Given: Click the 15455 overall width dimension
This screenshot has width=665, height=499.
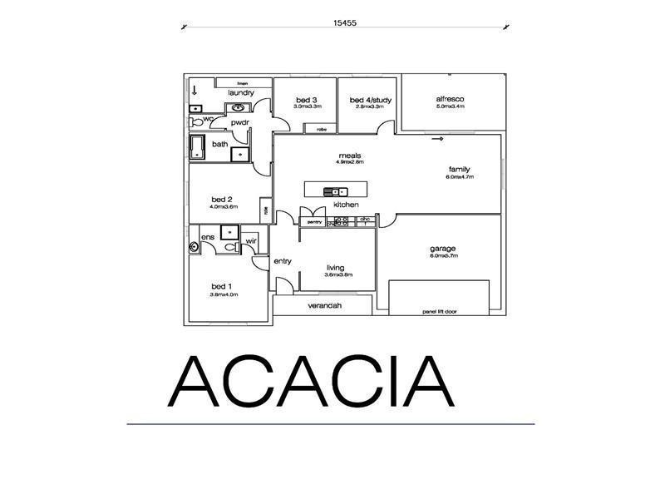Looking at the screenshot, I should click(x=345, y=23).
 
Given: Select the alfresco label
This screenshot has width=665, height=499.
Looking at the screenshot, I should click(x=450, y=99).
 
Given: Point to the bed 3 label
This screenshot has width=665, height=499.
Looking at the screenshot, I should click(x=304, y=100).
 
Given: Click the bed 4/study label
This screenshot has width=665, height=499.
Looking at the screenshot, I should click(x=370, y=100).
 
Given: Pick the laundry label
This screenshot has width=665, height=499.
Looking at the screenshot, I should click(x=241, y=92).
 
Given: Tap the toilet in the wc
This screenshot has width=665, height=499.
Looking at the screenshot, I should click(x=196, y=121).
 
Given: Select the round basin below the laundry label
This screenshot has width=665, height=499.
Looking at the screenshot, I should click(x=239, y=107).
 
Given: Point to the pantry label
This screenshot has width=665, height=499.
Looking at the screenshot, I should click(x=314, y=222).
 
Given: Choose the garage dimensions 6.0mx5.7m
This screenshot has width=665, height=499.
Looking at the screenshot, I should click(x=443, y=256).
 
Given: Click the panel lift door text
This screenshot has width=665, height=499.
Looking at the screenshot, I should click(x=440, y=312).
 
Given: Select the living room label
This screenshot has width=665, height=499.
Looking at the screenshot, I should click(x=335, y=267).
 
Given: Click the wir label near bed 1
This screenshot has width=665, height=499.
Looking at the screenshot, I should click(x=250, y=242).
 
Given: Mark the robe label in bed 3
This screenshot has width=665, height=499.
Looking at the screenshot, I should click(x=320, y=129).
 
